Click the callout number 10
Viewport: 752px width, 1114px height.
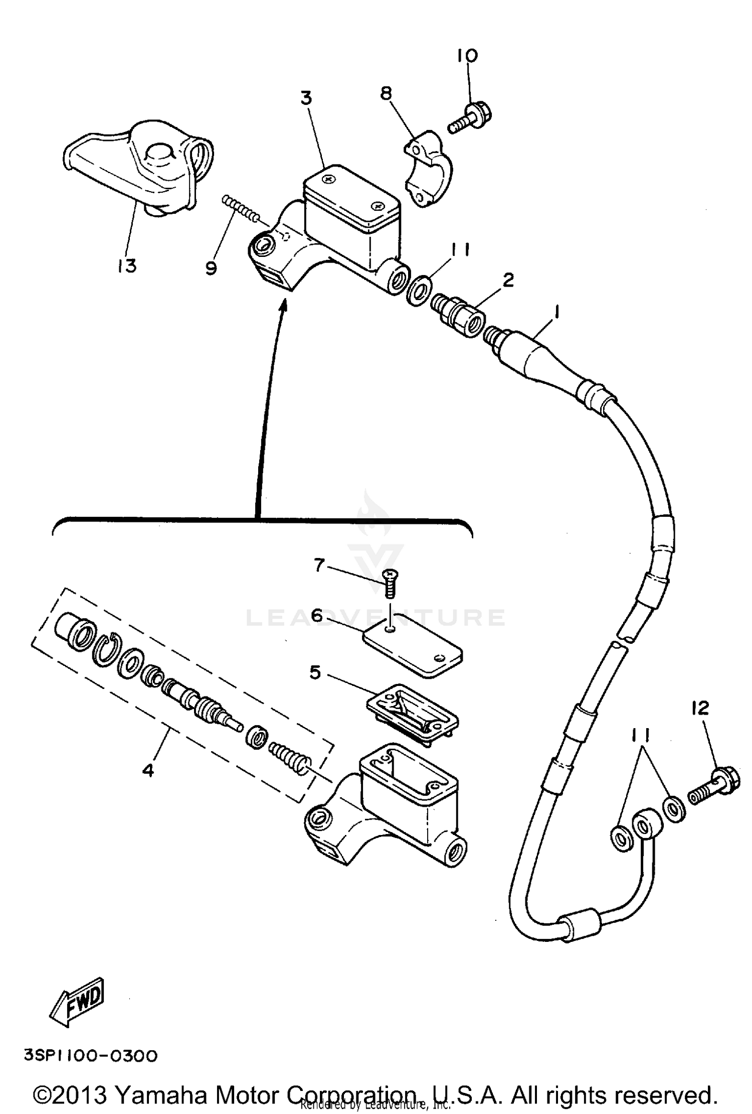pyautogui.click(x=467, y=55)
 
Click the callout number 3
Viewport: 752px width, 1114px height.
pyautogui.click(x=306, y=97)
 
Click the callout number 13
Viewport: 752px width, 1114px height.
pyautogui.click(x=127, y=265)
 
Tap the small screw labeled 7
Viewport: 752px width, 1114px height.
pyautogui.click(x=389, y=584)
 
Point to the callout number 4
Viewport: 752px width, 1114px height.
pyautogui.click(x=148, y=769)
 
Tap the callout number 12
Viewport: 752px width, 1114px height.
pyautogui.click(x=700, y=708)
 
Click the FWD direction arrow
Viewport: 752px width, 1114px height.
pyautogui.click(x=78, y=1000)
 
